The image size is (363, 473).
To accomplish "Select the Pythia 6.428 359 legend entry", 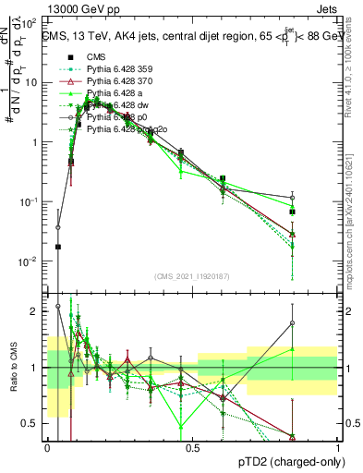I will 120,68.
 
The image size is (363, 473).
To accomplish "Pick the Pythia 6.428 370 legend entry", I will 120,81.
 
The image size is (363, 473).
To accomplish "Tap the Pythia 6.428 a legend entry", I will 116,94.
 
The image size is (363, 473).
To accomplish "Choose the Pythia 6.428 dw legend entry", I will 118,106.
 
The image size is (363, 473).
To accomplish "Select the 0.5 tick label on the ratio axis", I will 34,423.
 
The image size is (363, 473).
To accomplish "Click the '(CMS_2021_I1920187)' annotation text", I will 192,275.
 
